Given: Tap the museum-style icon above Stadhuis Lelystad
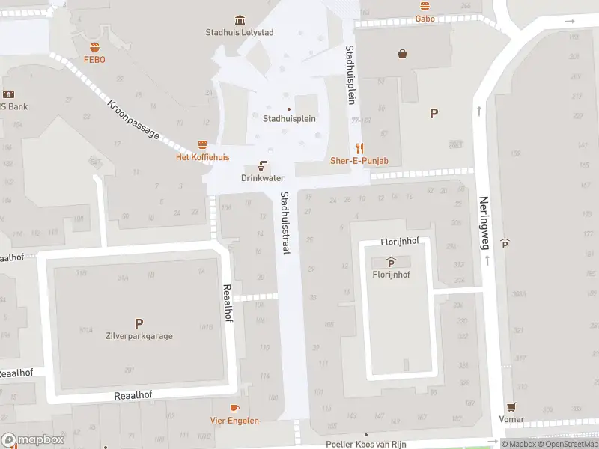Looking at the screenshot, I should [239, 19].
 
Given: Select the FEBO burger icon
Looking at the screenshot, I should [94, 47].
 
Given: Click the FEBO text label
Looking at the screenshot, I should [94, 59].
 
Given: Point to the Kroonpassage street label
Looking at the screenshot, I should [133, 120].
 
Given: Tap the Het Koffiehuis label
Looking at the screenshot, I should [202, 157].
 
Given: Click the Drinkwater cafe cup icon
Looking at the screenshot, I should [263, 165].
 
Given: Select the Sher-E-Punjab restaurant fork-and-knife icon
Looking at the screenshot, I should [359, 148].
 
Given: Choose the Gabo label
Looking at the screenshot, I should [425, 18].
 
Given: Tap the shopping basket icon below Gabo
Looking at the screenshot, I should [403, 54].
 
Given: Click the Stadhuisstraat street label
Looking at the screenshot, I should [285, 222].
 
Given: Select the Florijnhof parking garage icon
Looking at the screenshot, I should [391, 262].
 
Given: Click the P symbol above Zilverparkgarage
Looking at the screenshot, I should [139, 323].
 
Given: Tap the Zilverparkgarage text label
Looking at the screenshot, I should [139, 336].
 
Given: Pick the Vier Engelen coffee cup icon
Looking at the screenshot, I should [234, 408].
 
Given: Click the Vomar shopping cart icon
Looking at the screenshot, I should [512, 407].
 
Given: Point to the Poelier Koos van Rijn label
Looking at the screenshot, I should [366, 444].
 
